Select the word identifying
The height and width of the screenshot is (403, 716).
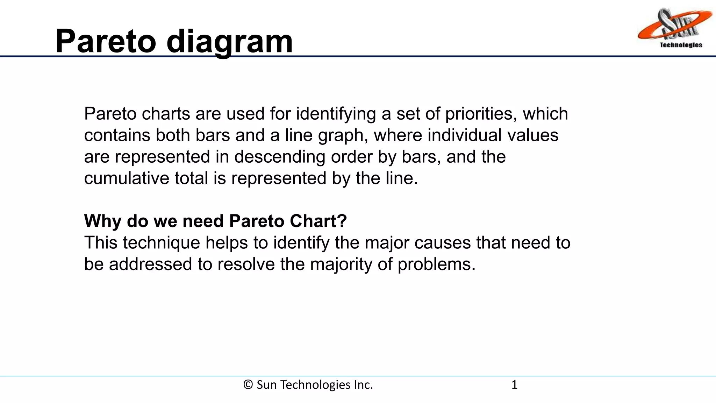coord(336,114)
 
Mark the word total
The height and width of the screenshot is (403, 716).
coord(191,178)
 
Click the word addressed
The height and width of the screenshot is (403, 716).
coord(150,264)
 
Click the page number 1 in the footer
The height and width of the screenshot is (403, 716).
coord(514,385)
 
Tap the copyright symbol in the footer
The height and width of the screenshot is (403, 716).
coord(248,385)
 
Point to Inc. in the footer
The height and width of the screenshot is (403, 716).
coord(363,385)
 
